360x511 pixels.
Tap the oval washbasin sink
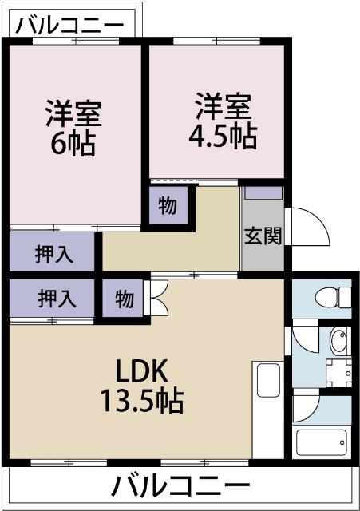coord(338,341)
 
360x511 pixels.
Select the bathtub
coord(321,441)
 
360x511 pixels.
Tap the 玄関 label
coord(263,236)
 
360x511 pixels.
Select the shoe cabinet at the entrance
coord(263,192)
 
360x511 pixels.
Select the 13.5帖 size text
coord(142,399)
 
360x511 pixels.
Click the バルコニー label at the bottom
coord(180,485)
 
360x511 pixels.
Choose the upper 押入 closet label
coord(53,254)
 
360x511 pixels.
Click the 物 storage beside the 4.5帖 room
coord(168,205)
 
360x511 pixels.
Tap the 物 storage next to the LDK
coord(124,299)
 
